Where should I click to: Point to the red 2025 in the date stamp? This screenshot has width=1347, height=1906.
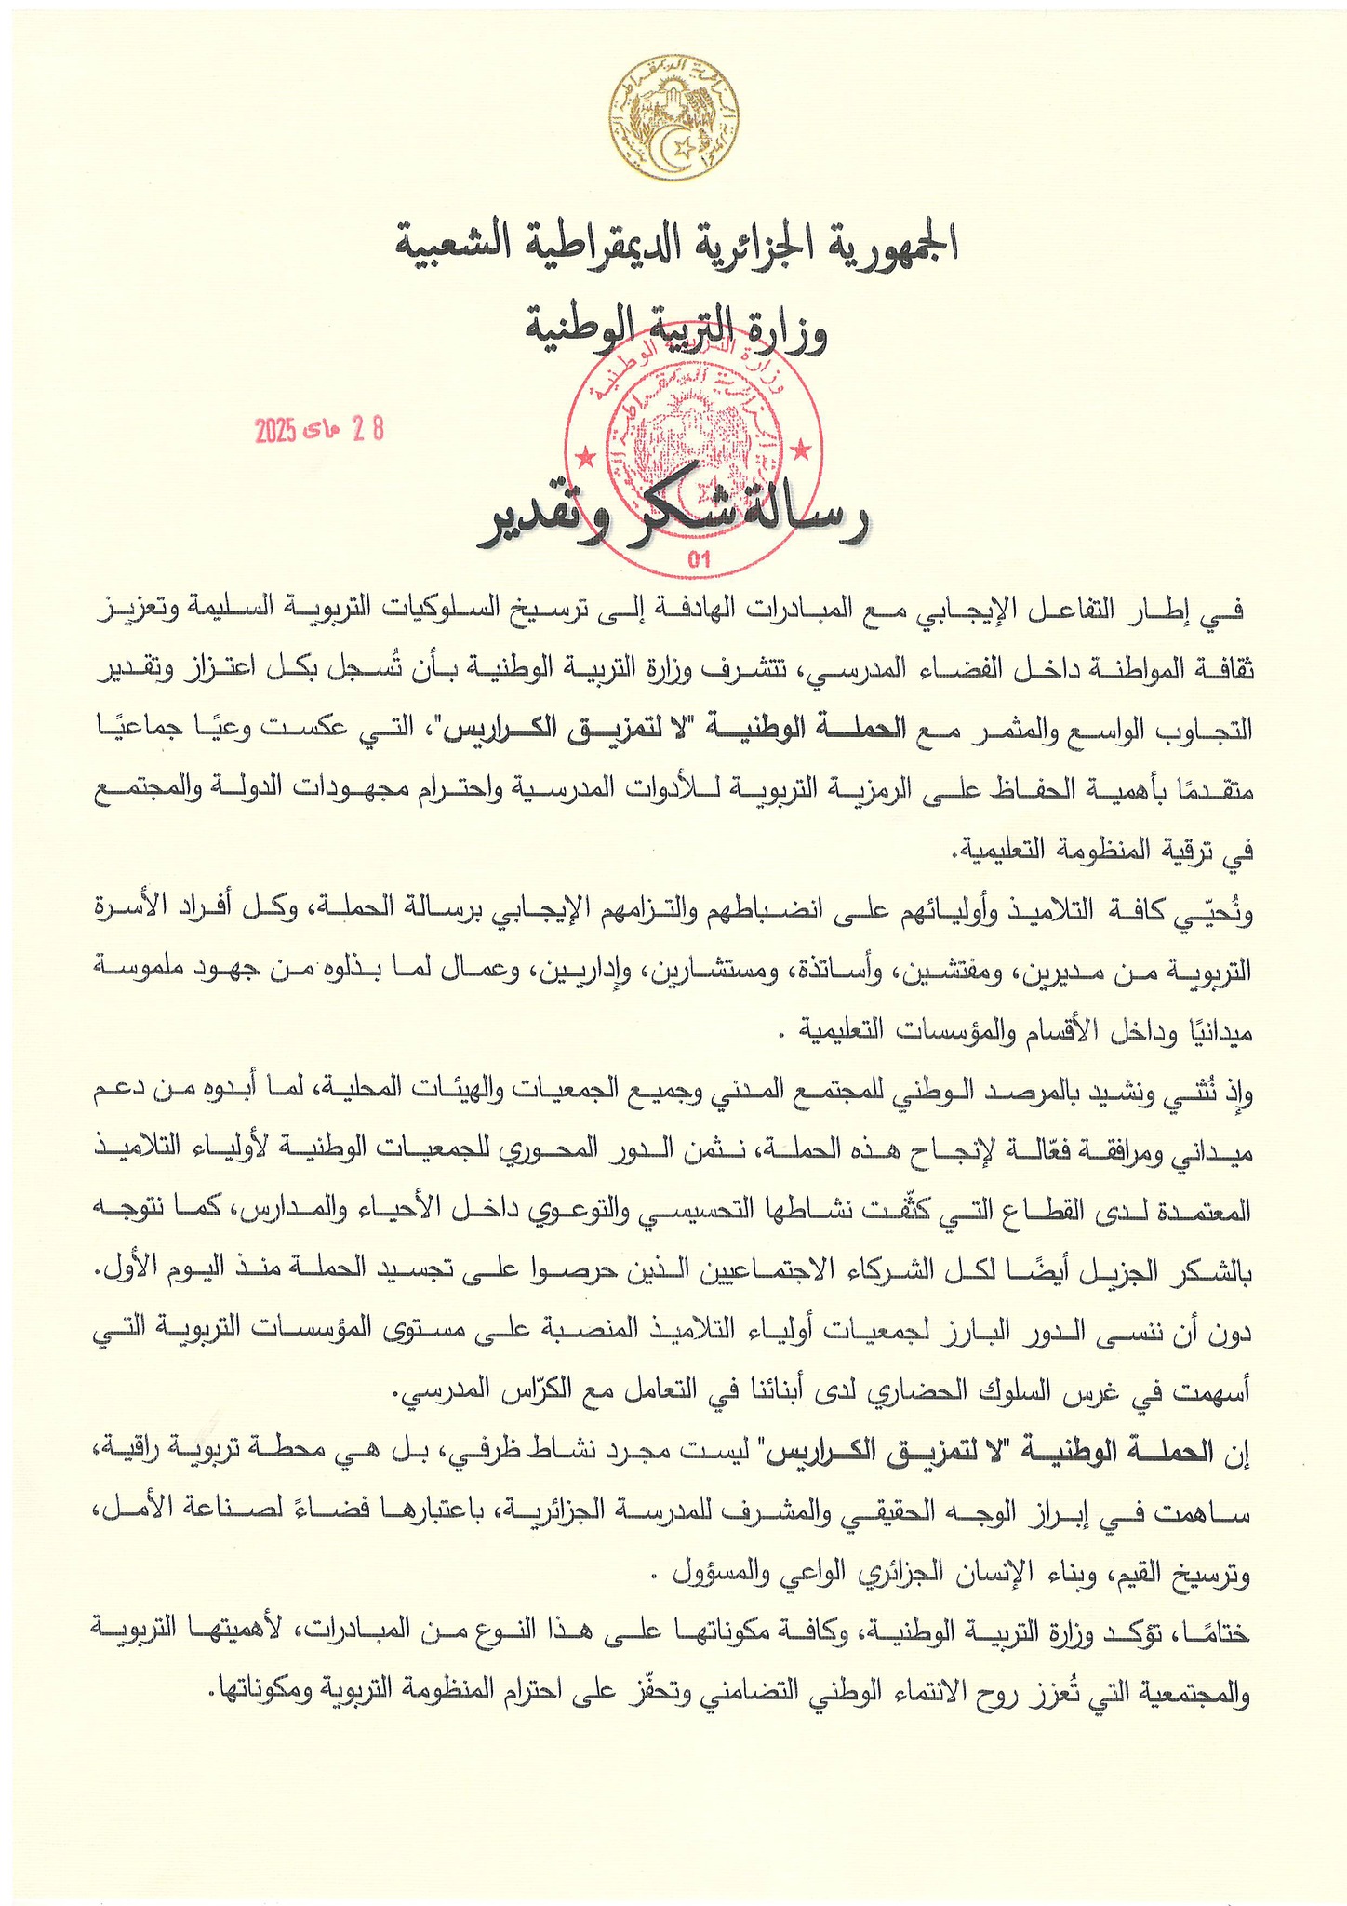click(276, 430)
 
